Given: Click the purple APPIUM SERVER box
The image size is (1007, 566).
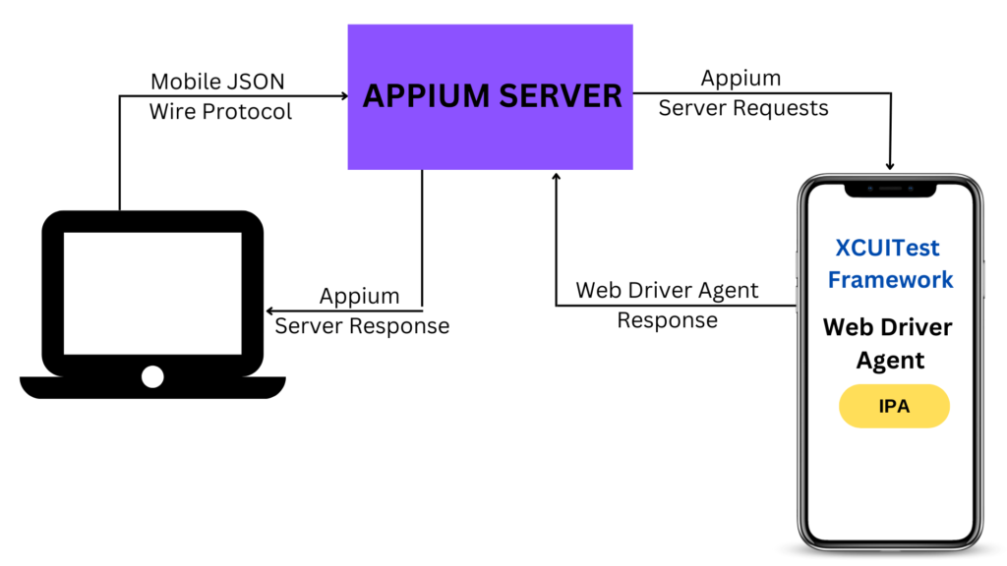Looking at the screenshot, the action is pyautogui.click(x=490, y=97).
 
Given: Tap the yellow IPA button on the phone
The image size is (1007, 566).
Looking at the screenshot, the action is pyautogui.click(x=894, y=406).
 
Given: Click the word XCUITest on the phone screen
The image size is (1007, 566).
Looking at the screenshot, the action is pyautogui.click(x=887, y=248).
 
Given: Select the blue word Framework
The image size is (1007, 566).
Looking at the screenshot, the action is pyautogui.click(x=890, y=280).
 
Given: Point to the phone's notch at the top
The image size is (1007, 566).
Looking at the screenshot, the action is pyautogui.click(x=890, y=190).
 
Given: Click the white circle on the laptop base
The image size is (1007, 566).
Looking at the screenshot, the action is pyautogui.click(x=152, y=376).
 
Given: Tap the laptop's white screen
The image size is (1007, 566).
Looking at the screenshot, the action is pyautogui.click(x=152, y=293).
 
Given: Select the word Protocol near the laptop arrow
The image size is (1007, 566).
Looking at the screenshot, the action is pyautogui.click(x=247, y=112).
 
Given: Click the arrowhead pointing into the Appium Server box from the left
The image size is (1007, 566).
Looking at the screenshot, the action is pyautogui.click(x=344, y=96).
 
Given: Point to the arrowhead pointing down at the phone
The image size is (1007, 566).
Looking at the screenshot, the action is pyautogui.click(x=890, y=165).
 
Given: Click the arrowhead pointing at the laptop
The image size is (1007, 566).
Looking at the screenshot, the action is pyautogui.click(x=269, y=311).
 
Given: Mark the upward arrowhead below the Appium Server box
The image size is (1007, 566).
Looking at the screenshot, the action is pyautogui.click(x=557, y=177).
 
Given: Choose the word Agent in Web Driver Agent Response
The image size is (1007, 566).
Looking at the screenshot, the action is pyautogui.click(x=729, y=291).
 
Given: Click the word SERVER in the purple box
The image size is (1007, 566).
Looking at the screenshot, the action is pyautogui.click(x=560, y=96).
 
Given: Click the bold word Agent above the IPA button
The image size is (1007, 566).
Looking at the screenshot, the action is pyautogui.click(x=890, y=361).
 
